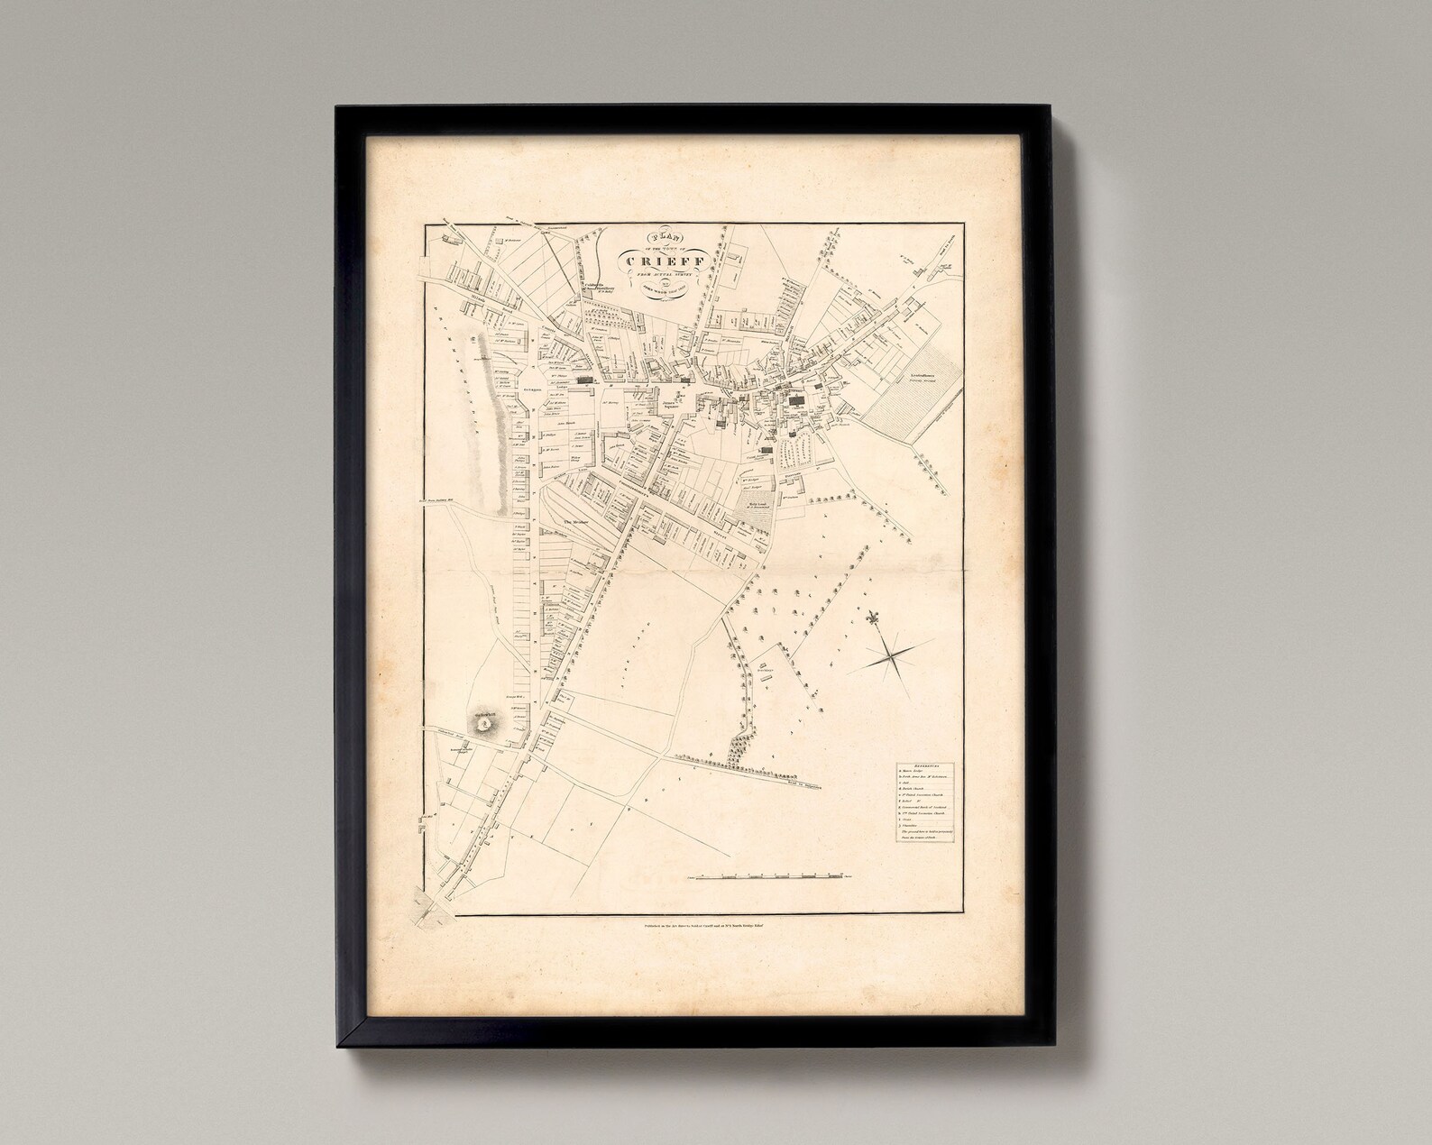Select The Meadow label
(575, 522)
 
